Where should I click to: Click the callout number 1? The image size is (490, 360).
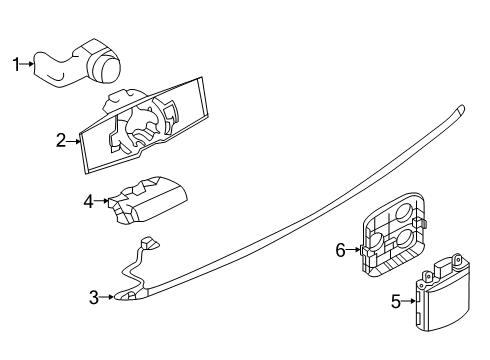(x=15, y=65)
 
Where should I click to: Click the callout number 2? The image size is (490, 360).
(x=61, y=141)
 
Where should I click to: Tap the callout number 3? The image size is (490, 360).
(x=93, y=296)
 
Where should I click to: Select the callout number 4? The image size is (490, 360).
(x=88, y=201)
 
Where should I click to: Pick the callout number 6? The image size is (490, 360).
(x=340, y=250)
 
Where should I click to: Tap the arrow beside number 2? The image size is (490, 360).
(x=73, y=141)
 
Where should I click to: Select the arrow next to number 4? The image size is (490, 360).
(x=101, y=201)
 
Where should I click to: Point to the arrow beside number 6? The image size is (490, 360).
(x=352, y=250)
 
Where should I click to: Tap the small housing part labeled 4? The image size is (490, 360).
(x=150, y=199)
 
